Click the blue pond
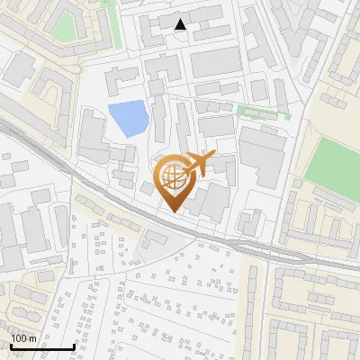(128, 119)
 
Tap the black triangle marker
(181, 24)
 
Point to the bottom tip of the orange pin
(173, 213)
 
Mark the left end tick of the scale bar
(11, 346)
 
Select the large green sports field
(328, 163)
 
